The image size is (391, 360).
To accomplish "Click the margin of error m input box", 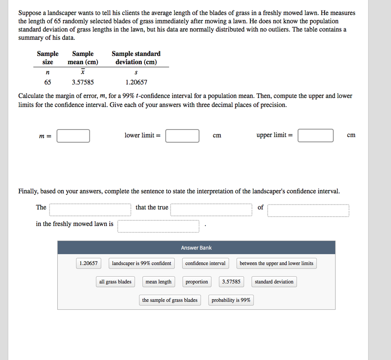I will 73,136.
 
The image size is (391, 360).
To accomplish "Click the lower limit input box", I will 182,136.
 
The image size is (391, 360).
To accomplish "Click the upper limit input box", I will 315,136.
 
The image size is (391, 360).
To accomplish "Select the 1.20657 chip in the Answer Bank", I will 89,263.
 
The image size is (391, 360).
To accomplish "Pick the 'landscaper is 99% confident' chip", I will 142,263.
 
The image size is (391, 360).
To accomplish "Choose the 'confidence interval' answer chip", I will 205,263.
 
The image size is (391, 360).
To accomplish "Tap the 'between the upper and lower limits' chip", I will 276,263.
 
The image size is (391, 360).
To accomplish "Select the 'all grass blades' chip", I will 115,282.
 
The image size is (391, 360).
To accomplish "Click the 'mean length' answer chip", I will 158,282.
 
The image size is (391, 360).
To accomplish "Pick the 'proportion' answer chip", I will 197,282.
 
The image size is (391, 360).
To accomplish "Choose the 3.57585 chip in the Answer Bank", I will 231,282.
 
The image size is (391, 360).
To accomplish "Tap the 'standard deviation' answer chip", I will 274,282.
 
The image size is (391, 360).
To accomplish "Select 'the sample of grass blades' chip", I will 170,300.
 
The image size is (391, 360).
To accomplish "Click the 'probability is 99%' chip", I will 231,300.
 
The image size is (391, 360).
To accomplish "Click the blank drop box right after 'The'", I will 90,210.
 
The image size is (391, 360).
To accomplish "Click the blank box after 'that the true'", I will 211,210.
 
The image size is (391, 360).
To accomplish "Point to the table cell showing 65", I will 47,82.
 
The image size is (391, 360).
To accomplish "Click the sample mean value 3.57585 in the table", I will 83,82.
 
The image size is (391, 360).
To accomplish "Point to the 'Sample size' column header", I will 48,58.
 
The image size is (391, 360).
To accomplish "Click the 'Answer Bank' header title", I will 196,248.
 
